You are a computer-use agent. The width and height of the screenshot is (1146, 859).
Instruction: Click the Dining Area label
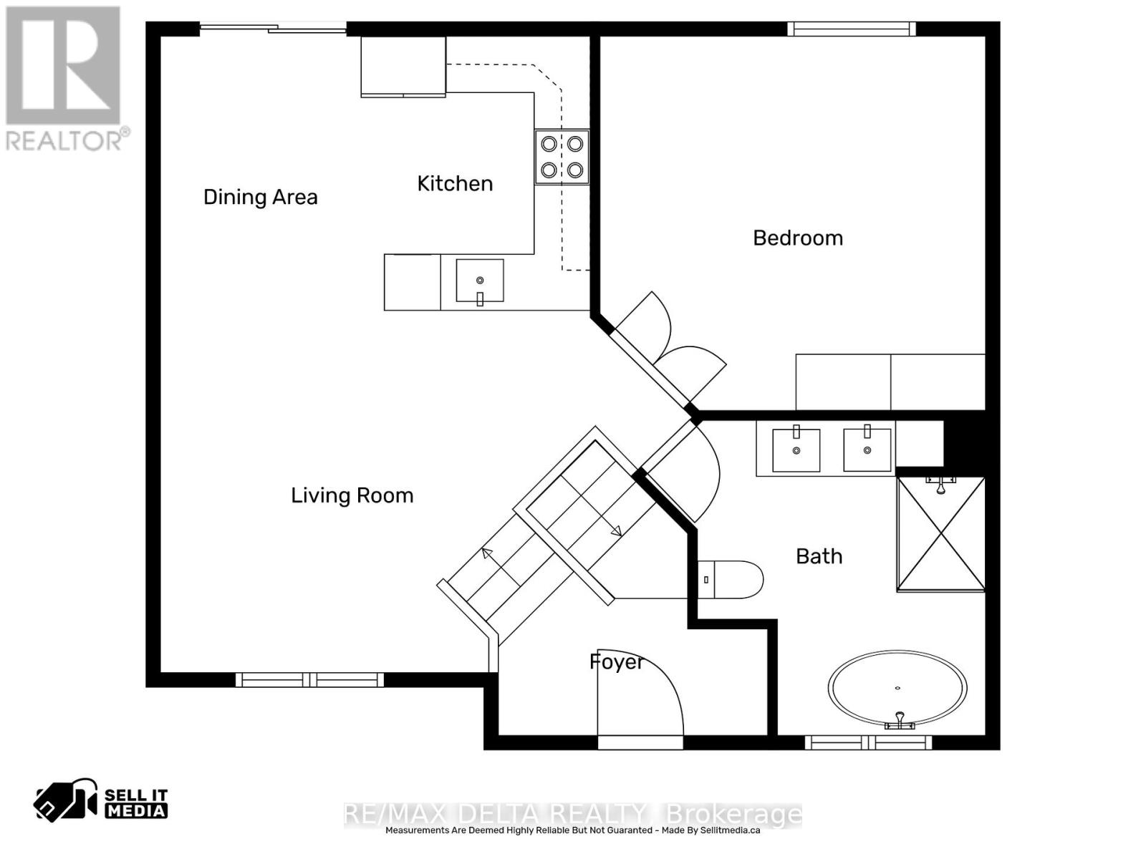point(260,197)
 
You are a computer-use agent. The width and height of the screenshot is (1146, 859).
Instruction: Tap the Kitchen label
point(455,183)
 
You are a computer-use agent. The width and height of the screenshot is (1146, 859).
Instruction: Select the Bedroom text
point(797,238)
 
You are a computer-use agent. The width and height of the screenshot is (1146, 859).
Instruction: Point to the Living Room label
point(352,495)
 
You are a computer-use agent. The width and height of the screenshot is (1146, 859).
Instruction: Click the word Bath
point(819,556)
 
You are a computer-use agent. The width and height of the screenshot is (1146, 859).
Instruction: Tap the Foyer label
point(616,661)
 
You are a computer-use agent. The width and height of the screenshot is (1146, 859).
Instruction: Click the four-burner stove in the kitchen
point(562,157)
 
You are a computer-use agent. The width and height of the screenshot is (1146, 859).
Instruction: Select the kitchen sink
point(479,281)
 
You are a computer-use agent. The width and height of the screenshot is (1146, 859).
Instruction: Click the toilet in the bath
point(731,579)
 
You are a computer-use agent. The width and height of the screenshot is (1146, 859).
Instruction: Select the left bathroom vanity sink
point(796,450)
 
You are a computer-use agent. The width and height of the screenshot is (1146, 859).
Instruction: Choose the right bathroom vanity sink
point(867,450)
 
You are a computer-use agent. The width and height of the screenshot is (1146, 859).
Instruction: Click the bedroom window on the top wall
point(851,29)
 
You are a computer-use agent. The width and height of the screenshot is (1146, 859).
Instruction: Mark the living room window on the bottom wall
point(309,679)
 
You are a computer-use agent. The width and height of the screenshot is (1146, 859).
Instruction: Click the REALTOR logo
point(64,79)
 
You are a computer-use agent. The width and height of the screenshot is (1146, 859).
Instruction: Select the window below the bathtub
point(868,743)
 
